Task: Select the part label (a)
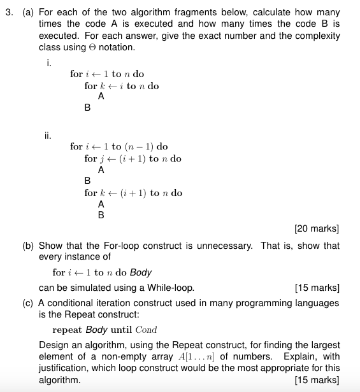pos(30,13)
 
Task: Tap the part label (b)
pos(30,246)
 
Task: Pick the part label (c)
pos(30,304)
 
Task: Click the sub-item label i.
pos(49,62)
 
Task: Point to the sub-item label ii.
pos(48,135)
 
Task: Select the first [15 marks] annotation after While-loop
pos(317,288)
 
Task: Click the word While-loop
pos(173,288)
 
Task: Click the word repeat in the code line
pos(67,330)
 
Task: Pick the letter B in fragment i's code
pos(87,108)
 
